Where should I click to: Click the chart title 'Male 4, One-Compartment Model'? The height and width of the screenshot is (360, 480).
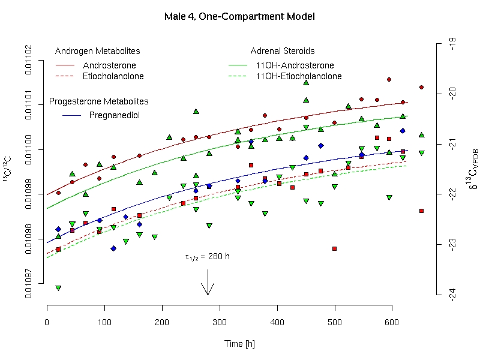(239, 16)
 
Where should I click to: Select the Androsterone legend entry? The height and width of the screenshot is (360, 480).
(109, 65)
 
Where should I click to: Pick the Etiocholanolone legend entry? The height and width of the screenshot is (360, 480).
(113, 76)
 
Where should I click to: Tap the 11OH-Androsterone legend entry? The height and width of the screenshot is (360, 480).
(295, 65)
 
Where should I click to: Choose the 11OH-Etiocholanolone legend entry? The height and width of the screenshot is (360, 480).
(298, 76)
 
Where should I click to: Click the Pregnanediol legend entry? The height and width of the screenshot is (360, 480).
(114, 115)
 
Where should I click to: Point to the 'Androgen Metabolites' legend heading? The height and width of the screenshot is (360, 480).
(97, 51)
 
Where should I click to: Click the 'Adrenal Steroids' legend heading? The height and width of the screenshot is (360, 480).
(283, 51)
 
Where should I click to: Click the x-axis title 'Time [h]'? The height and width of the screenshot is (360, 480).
(239, 344)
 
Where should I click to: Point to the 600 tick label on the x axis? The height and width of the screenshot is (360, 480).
(392, 323)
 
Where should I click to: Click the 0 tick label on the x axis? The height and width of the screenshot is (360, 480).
(47, 323)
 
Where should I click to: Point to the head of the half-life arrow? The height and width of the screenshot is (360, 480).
(208, 294)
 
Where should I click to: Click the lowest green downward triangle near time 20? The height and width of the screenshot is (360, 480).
(58, 288)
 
